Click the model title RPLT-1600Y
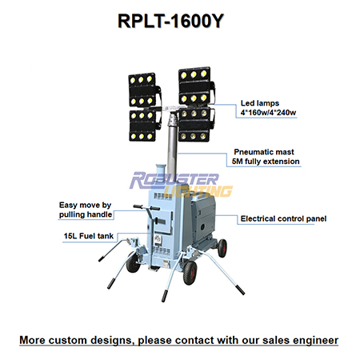tap(170, 21)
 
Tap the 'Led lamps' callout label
tap(260, 103)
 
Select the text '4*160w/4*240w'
tap(268, 113)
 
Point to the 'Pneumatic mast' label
tap(264, 152)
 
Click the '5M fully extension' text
tap(266, 162)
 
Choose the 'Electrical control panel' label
tap(283, 218)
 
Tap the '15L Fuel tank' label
tap(89, 236)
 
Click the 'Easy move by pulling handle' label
tap(86, 210)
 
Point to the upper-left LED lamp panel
tap(144, 90)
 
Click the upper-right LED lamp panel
tap(196, 86)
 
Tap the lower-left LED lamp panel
tap(145, 125)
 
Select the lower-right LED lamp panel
tap(196, 124)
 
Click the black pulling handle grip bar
tap(146, 207)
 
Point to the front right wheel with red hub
tap(190, 273)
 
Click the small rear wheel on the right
tap(222, 248)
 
